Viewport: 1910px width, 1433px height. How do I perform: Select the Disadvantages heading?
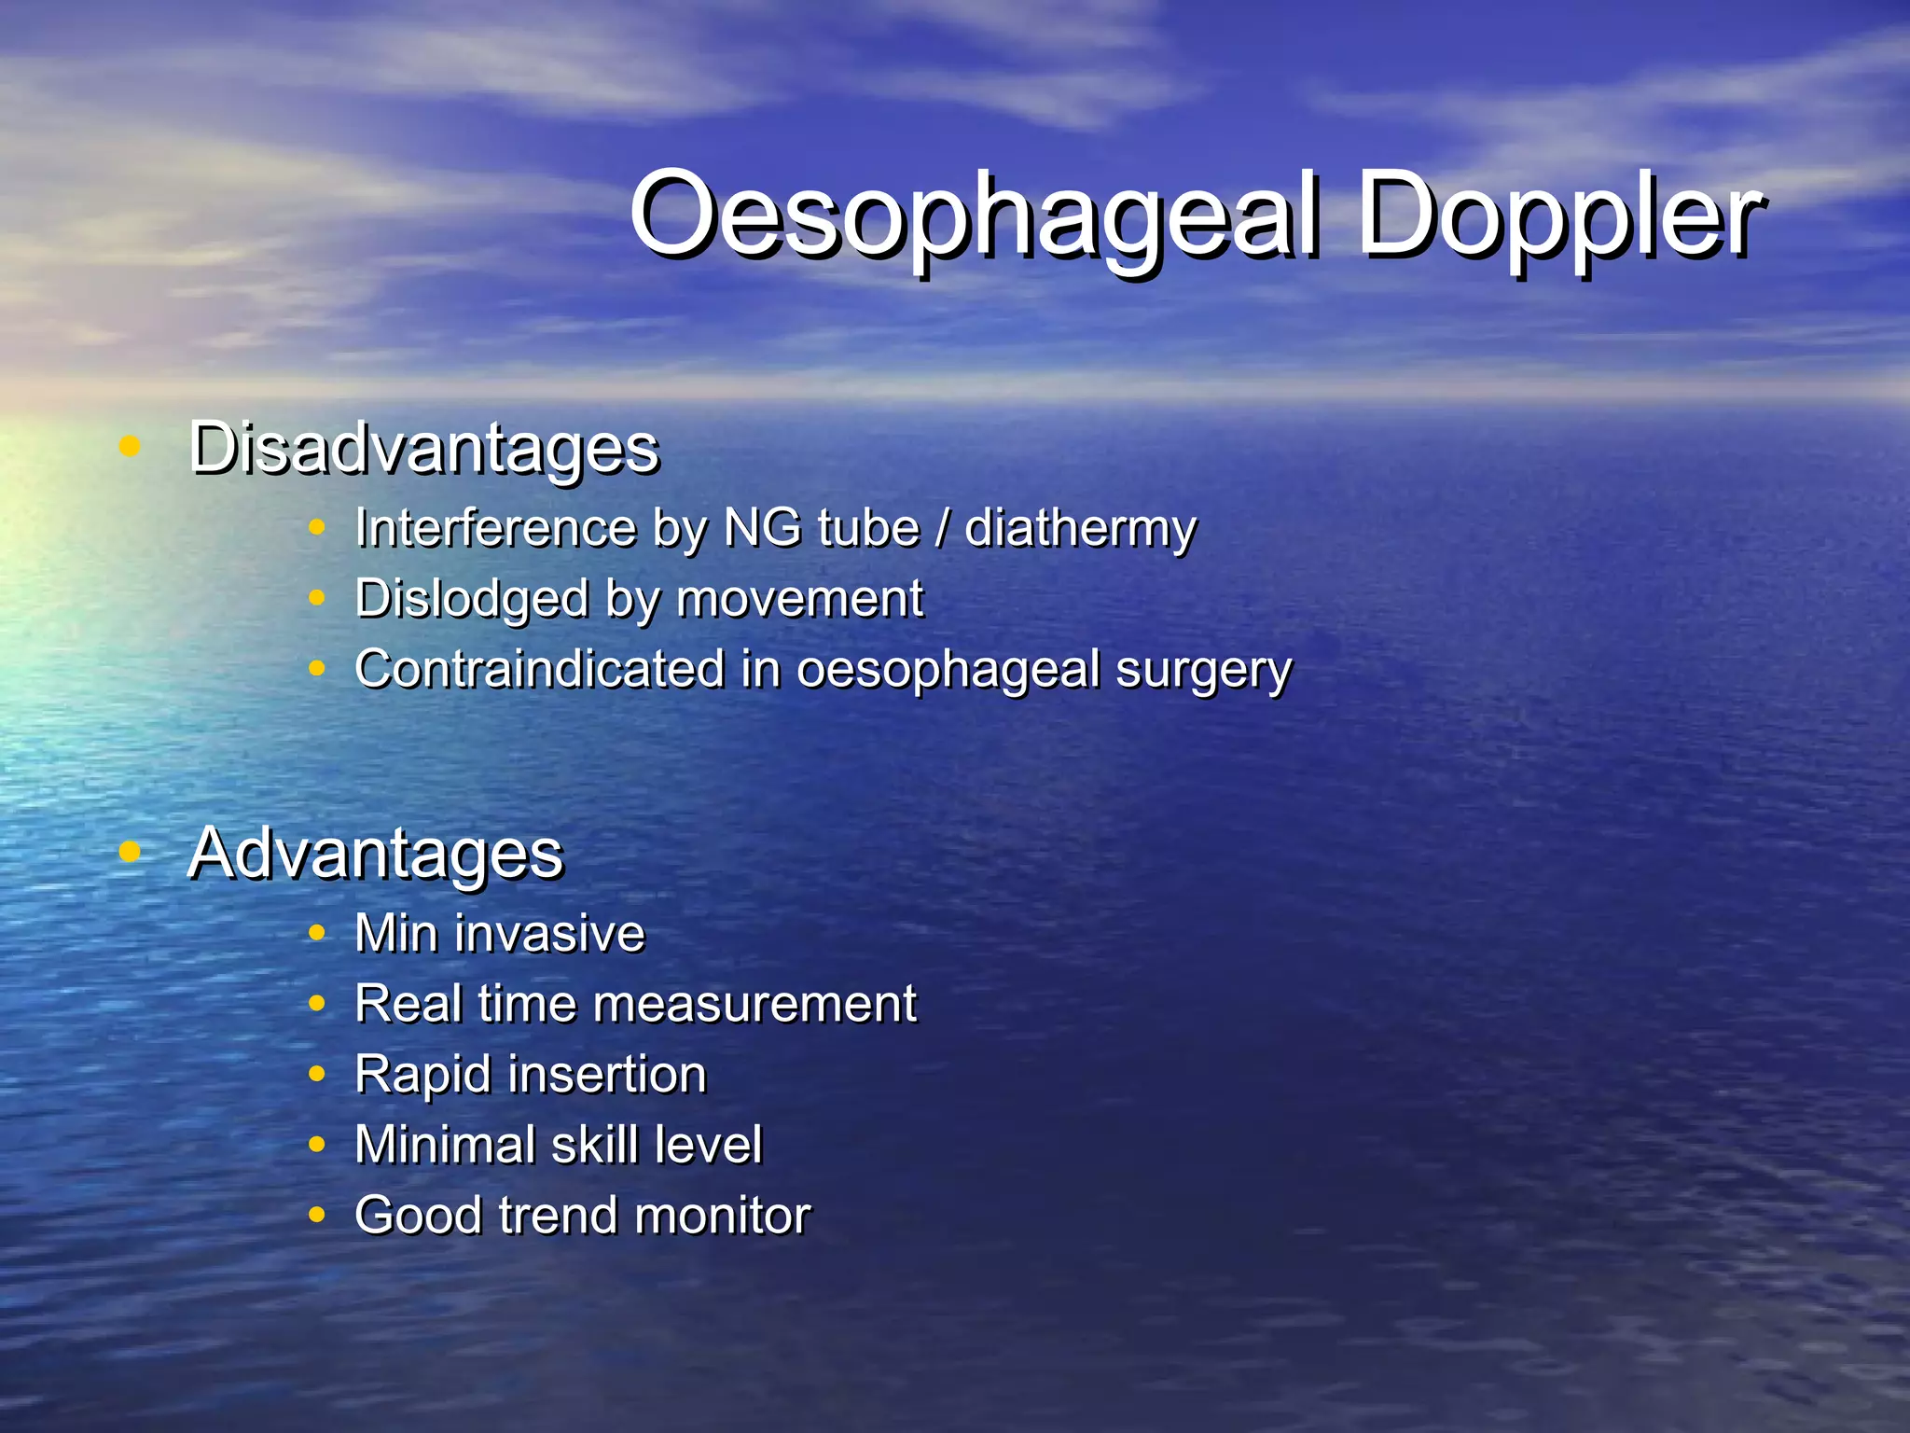424,448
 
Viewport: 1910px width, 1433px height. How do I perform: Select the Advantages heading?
375,853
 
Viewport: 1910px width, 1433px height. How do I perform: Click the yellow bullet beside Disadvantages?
130,446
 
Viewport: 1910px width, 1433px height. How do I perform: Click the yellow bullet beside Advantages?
130,851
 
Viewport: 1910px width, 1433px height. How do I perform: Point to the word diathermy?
1080,530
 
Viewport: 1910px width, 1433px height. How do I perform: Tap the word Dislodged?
471,600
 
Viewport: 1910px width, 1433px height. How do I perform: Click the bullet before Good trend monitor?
317,1215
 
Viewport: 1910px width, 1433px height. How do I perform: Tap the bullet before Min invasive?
317,933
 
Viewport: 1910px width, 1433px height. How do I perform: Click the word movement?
799,599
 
